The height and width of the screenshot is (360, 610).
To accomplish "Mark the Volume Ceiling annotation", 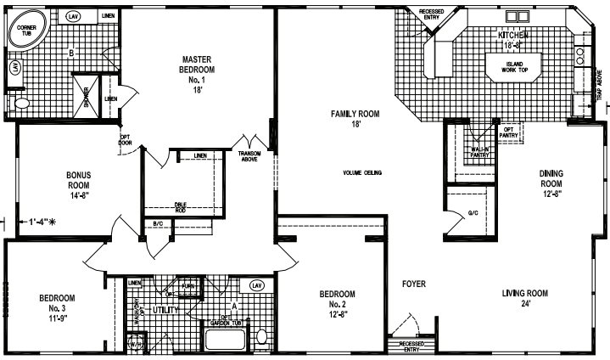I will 362,173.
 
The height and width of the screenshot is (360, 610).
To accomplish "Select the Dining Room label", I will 551,183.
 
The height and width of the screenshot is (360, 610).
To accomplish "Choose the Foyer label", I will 413,284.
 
